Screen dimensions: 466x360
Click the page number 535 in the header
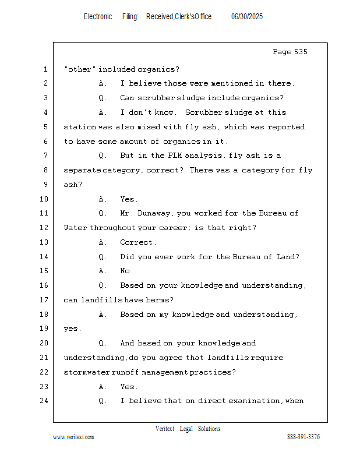click(300, 52)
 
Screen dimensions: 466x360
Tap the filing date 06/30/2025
click(247, 17)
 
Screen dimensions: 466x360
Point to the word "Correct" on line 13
click(136, 242)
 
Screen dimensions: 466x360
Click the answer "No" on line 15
click(126, 271)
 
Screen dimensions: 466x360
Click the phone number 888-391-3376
click(303, 437)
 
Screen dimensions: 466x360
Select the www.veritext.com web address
click(73, 437)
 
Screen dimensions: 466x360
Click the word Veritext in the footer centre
click(165, 429)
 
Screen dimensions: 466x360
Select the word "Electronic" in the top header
click(98, 17)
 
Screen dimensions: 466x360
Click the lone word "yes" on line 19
click(72, 329)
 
